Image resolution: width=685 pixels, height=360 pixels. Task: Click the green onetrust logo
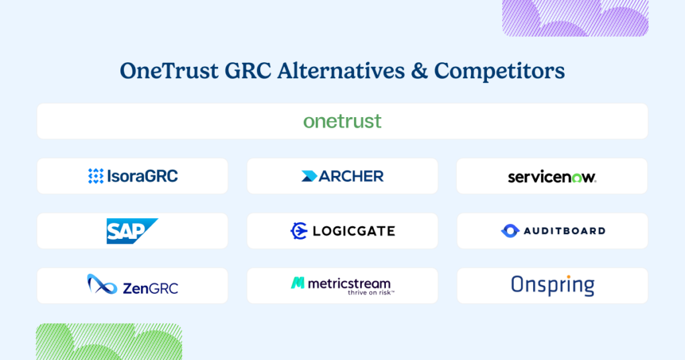(342, 121)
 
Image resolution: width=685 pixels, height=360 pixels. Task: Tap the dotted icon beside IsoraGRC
(96, 176)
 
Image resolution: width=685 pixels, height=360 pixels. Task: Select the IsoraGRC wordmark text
(142, 176)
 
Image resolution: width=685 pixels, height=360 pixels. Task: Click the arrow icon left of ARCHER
(309, 176)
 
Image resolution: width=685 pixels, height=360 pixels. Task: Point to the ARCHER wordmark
(351, 176)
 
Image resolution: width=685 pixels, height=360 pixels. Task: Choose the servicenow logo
(552, 177)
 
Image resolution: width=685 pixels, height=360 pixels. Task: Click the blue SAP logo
(132, 231)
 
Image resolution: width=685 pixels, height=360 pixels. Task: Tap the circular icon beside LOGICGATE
(298, 231)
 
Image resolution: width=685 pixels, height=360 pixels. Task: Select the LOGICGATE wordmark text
(354, 232)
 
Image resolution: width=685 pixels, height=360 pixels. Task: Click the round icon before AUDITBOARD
(510, 231)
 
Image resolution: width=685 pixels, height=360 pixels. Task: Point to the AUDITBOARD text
(564, 231)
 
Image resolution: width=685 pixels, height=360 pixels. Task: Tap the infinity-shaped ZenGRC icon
(102, 284)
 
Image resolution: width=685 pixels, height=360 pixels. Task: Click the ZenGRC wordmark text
(151, 288)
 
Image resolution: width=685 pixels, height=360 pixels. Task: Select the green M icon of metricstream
(298, 283)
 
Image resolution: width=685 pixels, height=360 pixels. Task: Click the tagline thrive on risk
(371, 292)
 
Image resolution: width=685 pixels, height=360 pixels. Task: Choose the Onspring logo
(552, 285)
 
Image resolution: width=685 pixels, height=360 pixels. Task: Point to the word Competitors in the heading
(500, 71)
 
